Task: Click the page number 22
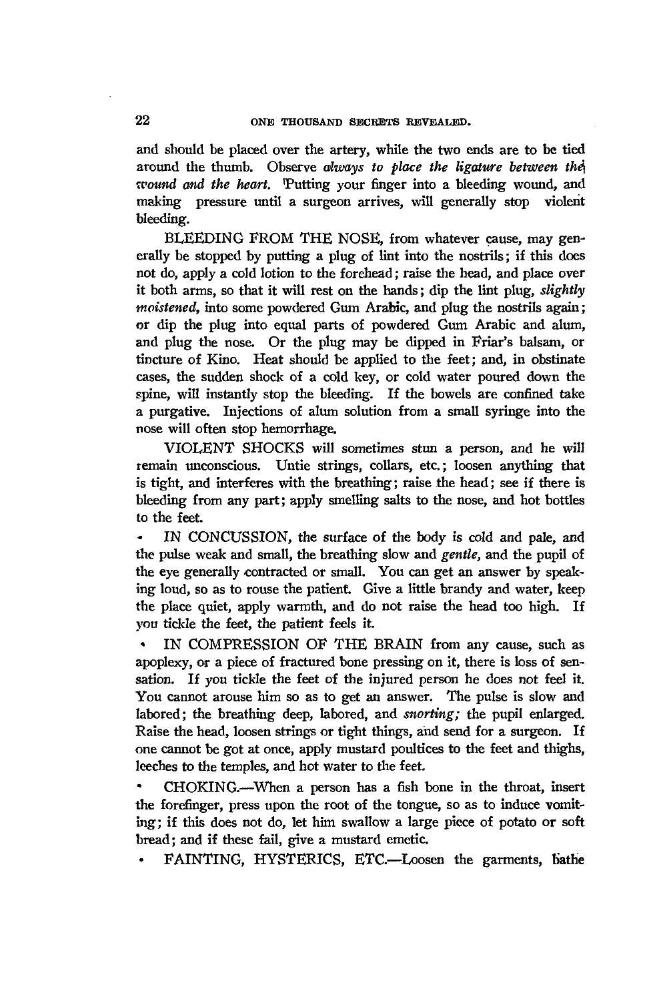(141, 121)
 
